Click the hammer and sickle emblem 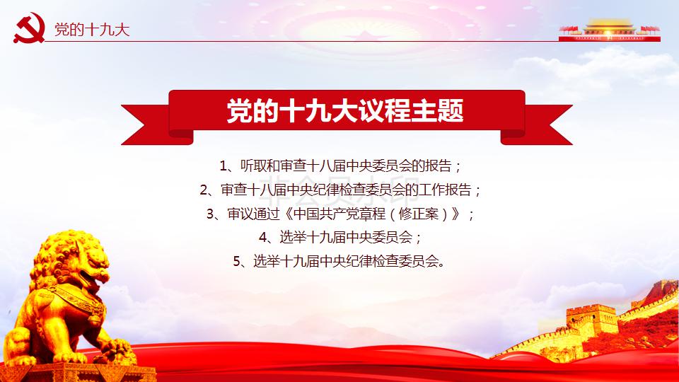[x=29, y=28]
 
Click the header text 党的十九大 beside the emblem [x=92, y=30]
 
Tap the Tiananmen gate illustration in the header [x=609, y=30]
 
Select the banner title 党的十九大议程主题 [x=345, y=110]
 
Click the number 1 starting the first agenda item [x=224, y=166]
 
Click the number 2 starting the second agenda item [x=204, y=190]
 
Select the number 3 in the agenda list [x=211, y=214]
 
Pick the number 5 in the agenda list [x=237, y=261]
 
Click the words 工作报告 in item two [x=445, y=190]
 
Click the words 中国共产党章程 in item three [x=339, y=214]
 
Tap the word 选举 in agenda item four [x=292, y=237]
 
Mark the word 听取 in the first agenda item [x=254, y=166]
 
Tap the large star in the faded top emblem [x=366, y=35]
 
